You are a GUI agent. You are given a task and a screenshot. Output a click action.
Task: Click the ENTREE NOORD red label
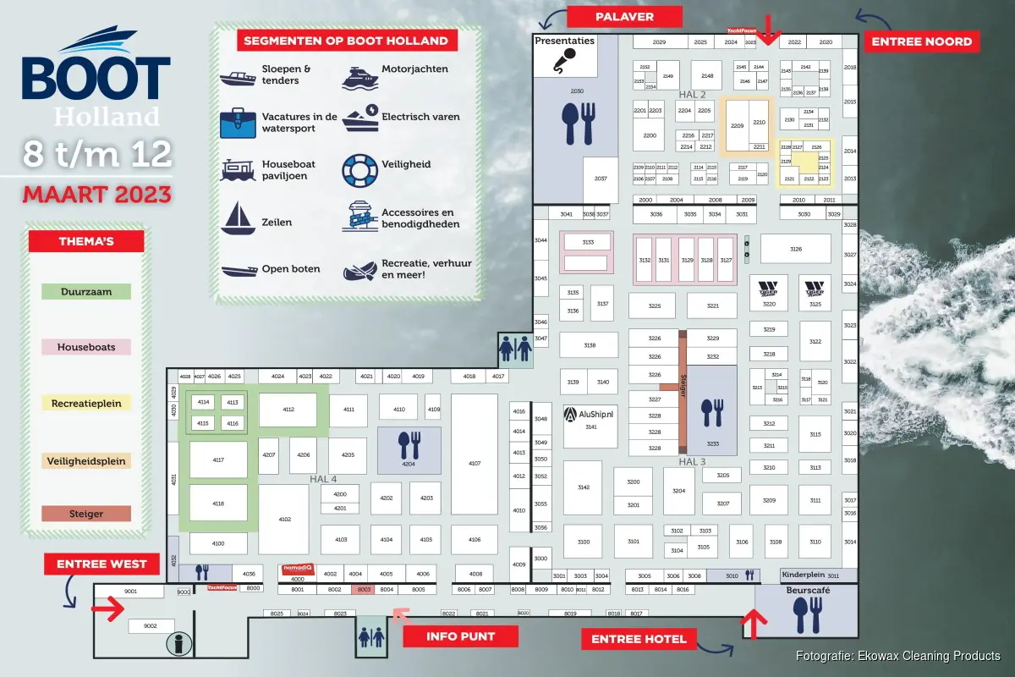[922, 41]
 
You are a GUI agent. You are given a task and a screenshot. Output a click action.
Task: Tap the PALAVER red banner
[624, 16]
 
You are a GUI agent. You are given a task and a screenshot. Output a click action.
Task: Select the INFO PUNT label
[460, 636]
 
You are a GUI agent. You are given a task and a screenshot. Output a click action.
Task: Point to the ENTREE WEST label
[101, 564]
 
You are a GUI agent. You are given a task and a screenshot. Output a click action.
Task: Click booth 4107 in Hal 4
[474, 464]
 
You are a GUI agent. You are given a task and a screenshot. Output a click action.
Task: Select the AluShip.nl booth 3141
[591, 421]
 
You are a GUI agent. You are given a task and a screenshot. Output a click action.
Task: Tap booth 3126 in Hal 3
[795, 249]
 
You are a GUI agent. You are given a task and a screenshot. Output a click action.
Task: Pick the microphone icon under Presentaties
[565, 59]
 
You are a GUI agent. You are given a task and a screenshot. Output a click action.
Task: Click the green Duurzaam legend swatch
[85, 291]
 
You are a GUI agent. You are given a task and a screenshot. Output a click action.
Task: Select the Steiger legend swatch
[85, 514]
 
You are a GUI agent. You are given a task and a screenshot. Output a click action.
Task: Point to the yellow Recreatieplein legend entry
[85, 403]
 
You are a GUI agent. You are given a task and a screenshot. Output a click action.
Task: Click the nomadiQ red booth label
[298, 570]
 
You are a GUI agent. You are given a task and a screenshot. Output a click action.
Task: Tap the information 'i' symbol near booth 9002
[178, 643]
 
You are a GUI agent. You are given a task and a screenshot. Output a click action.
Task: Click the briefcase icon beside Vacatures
[238, 123]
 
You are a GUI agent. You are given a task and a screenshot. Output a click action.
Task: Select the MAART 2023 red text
[96, 194]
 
